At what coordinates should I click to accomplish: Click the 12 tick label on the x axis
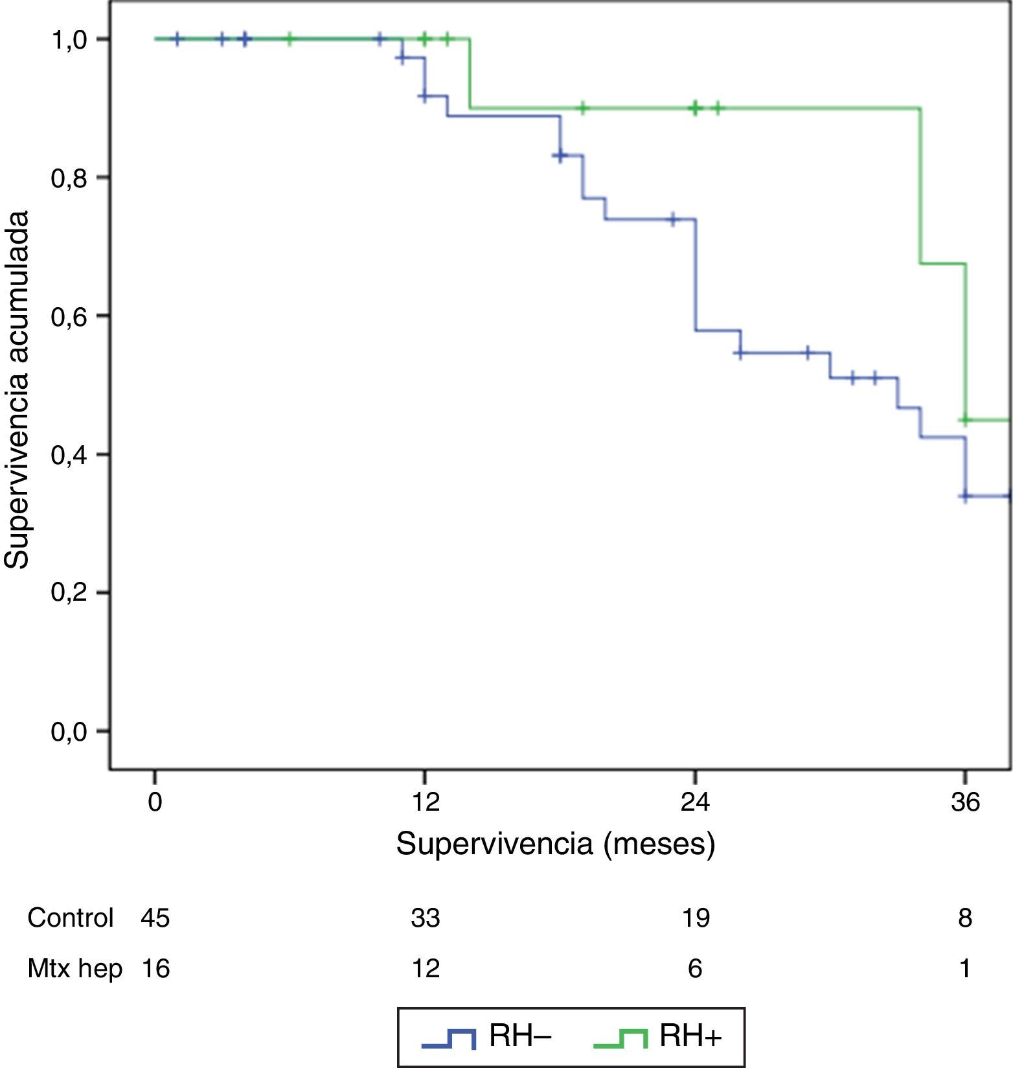tap(425, 802)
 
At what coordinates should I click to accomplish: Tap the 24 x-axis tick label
tap(695, 802)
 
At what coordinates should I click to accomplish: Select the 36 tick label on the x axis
tap(965, 802)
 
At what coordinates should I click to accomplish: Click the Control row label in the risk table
tap(70, 918)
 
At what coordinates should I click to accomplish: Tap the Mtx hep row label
tap(74, 968)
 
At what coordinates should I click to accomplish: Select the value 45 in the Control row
tap(155, 918)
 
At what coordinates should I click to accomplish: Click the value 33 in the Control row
tap(425, 918)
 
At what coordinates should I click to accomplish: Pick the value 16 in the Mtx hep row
tap(155, 968)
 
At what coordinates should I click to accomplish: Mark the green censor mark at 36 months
tap(965, 420)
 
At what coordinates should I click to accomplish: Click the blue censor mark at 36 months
tap(965, 496)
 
